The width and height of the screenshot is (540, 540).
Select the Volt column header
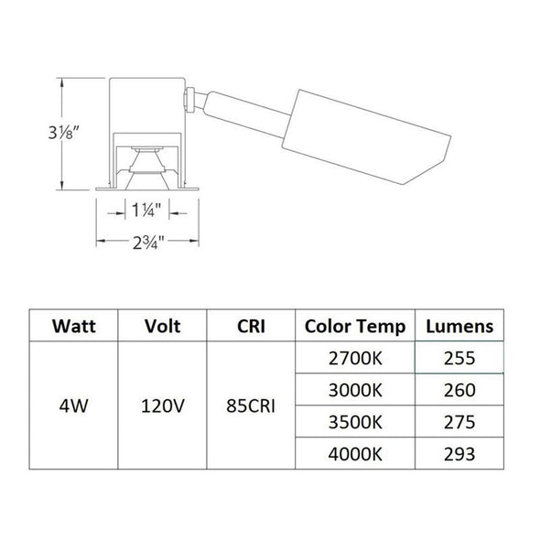pos(162,326)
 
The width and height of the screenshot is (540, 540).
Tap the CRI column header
pos(251,326)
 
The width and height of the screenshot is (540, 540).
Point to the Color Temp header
pos(354,326)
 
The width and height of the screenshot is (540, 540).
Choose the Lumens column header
pos(460,326)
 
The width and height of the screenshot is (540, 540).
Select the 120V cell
pos(162,405)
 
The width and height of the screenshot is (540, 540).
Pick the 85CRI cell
pos(251,405)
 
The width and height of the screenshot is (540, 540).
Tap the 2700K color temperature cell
pos(354,358)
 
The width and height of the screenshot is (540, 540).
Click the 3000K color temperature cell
pos(354,389)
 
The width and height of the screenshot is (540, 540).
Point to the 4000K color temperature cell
pos(354,451)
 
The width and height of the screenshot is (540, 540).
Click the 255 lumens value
pos(460,358)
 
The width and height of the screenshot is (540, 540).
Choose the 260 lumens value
pos(460,389)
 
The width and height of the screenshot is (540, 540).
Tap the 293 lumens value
pos(460,451)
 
